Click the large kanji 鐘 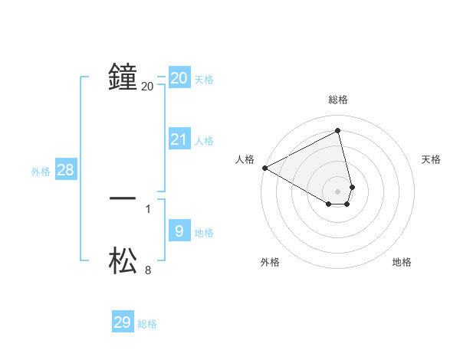pyautogui.click(x=123, y=77)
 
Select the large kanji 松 pyautogui.click(x=123, y=260)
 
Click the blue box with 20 pyautogui.click(x=179, y=78)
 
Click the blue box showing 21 pyautogui.click(x=179, y=139)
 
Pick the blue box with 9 pyautogui.click(x=179, y=231)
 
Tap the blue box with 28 pyautogui.click(x=65, y=170)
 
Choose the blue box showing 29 pyautogui.click(x=123, y=322)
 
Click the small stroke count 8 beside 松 pyautogui.click(x=148, y=270)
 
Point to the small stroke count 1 pyautogui.click(x=148, y=208)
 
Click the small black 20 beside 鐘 pyautogui.click(x=148, y=87)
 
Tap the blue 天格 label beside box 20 pyautogui.click(x=204, y=80)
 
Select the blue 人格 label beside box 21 pyautogui.click(x=204, y=141)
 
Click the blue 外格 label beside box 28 pyautogui.click(x=41, y=172)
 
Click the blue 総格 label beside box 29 pyautogui.click(x=147, y=324)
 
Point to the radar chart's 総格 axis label pyautogui.click(x=338, y=100)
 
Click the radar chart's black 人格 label pyautogui.click(x=245, y=159)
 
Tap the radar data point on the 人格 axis pyautogui.click(x=264, y=168)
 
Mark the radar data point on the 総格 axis pyautogui.click(x=338, y=131)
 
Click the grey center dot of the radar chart pyautogui.click(x=338, y=191)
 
